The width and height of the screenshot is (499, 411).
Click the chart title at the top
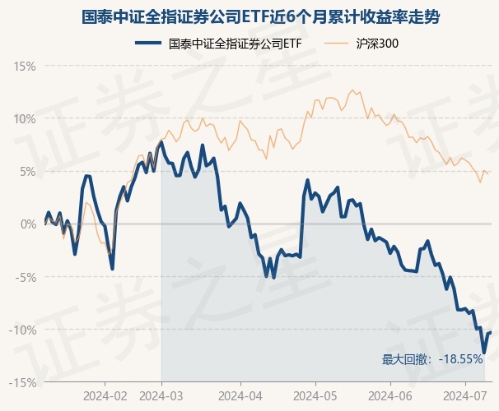point(249,16)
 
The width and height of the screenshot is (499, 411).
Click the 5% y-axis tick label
point(27,171)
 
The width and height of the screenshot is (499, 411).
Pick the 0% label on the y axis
point(27,224)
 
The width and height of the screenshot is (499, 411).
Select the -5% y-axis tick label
point(25,277)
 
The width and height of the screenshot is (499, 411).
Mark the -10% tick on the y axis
point(22,330)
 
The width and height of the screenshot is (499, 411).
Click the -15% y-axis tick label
point(22,382)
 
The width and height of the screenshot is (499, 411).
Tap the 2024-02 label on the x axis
point(106,395)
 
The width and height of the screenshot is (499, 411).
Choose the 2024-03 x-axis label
point(161,395)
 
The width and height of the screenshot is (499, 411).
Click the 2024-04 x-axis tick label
point(240,395)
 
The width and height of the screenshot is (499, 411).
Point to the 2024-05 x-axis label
point(316,395)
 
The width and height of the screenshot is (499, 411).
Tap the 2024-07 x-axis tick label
point(464,395)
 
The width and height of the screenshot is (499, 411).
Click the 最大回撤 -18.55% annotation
point(431,359)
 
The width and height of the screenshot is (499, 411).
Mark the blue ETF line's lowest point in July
point(484,353)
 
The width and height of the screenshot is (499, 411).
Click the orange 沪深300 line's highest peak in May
point(352,90)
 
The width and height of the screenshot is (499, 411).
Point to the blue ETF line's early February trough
point(112,269)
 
